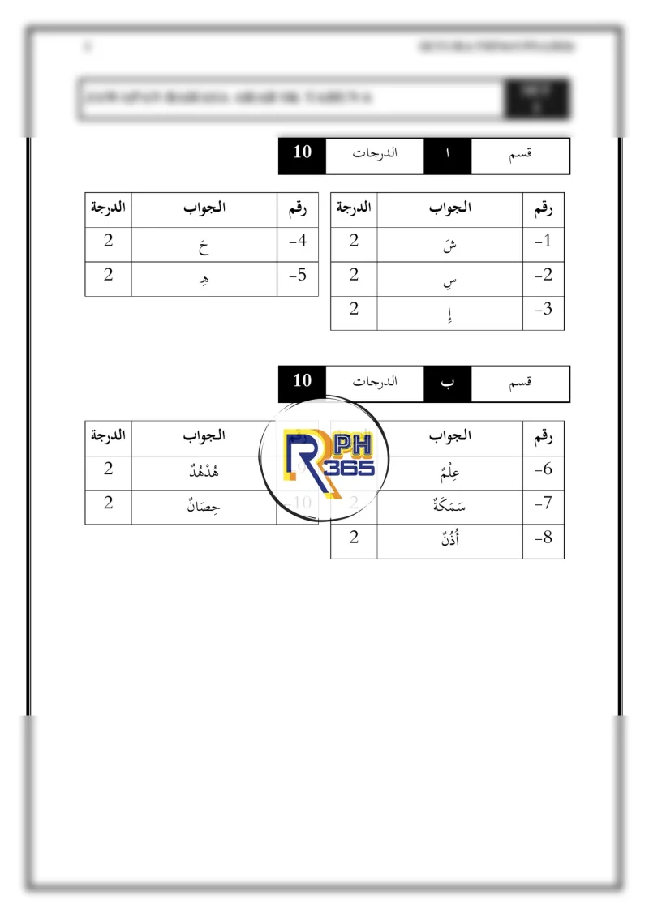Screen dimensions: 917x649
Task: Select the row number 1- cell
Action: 543,241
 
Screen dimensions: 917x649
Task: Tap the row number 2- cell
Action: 543,276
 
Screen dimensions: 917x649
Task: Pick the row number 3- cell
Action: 543,310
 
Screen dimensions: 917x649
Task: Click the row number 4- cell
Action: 298,241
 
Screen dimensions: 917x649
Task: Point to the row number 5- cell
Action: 298,276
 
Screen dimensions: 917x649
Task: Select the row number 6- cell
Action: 543,469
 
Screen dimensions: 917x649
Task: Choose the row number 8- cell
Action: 543,538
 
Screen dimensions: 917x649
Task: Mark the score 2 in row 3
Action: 354,309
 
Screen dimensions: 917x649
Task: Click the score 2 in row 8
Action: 354,538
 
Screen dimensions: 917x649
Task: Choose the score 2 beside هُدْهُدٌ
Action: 108,469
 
